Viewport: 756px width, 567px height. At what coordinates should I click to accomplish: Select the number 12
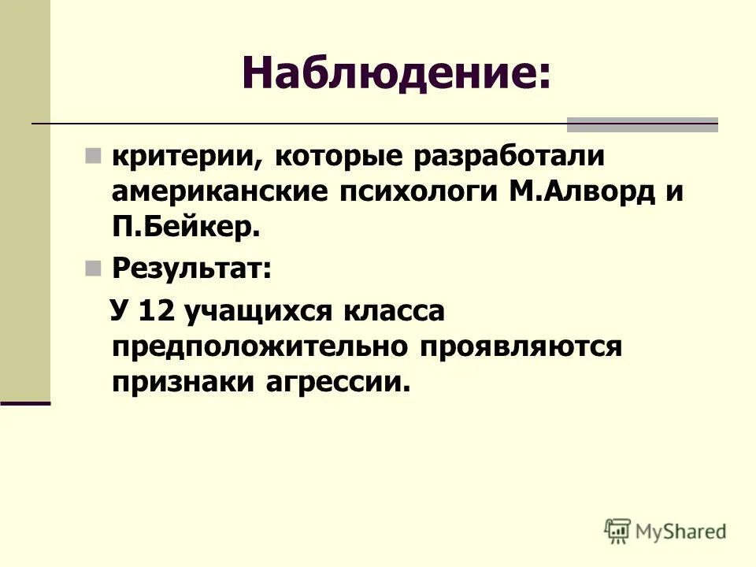point(155,309)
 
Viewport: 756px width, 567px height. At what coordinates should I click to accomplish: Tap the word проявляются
point(524,346)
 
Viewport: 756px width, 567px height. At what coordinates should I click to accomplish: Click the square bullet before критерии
point(93,155)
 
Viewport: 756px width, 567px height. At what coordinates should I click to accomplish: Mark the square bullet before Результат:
point(93,270)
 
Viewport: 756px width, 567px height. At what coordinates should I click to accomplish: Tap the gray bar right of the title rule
point(643,124)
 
